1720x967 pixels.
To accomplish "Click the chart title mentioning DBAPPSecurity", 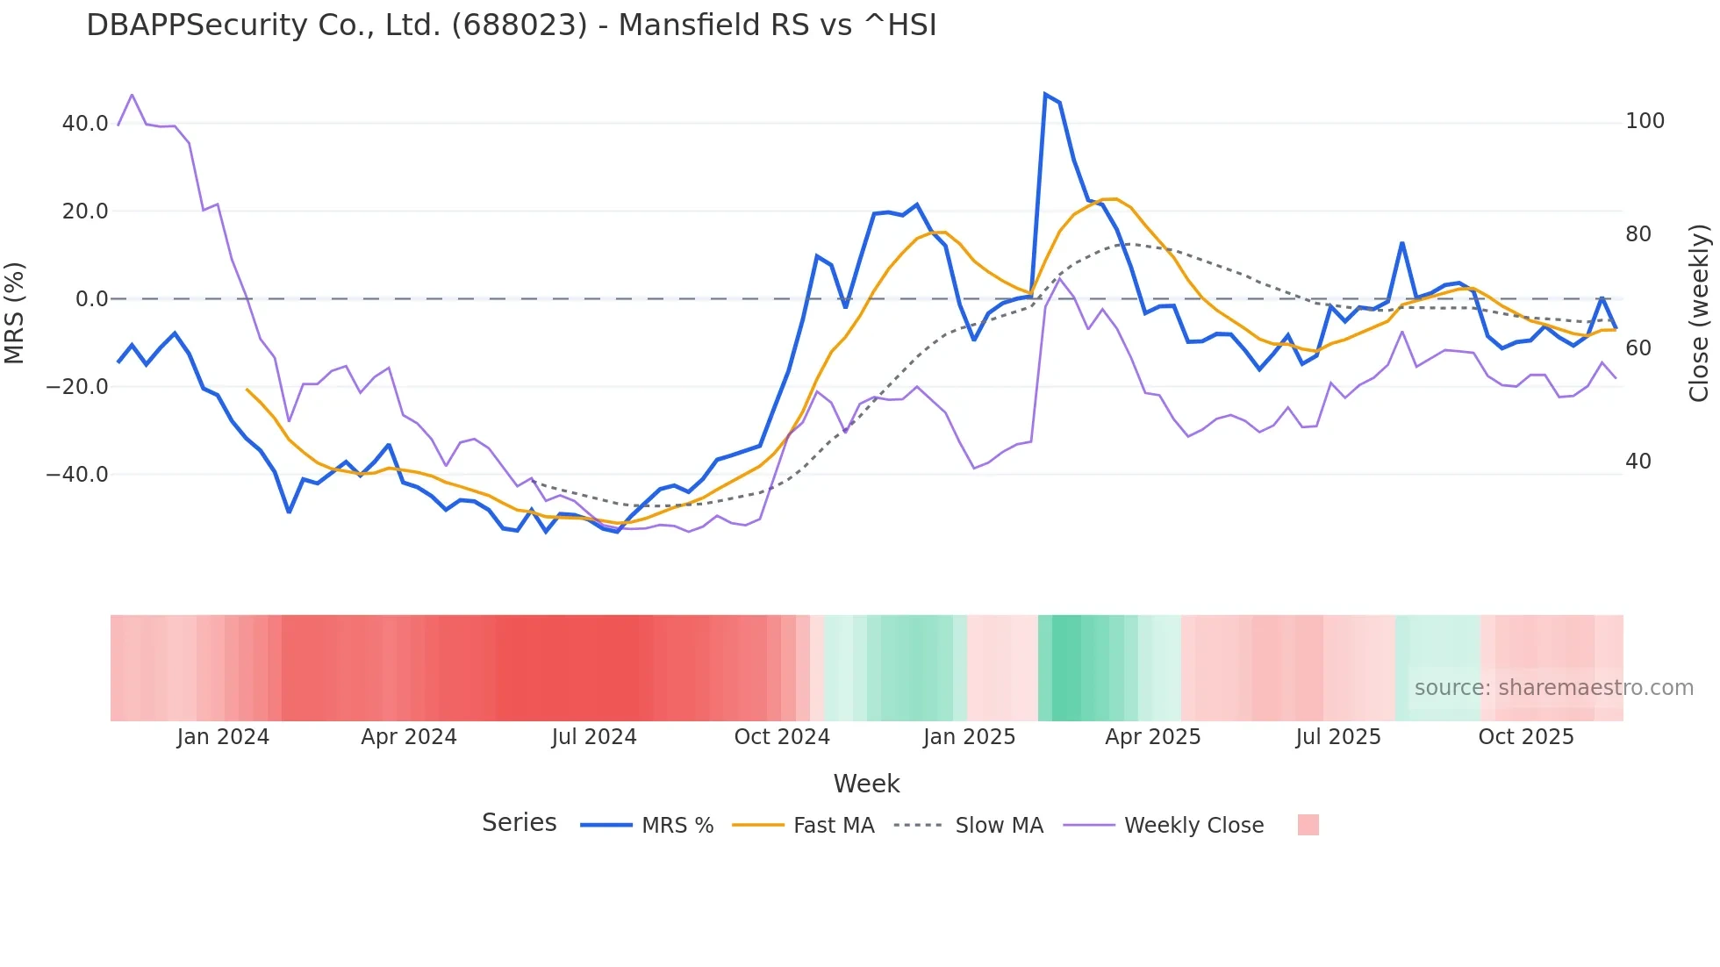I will point(511,25).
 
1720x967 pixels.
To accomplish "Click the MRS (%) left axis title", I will point(15,312).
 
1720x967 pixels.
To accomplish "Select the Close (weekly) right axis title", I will point(1700,312).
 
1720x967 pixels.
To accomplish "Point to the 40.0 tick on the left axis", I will point(85,124).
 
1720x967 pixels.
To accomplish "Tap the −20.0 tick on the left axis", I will point(78,387).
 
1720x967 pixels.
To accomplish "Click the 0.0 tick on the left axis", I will point(92,299).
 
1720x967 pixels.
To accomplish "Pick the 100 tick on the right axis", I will point(1645,121).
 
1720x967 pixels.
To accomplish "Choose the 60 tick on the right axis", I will point(1638,348).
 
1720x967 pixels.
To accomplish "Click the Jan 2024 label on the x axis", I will point(223,737).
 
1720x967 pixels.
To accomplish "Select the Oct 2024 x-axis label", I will point(782,737).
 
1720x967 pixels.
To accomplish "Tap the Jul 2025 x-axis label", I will point(1338,737).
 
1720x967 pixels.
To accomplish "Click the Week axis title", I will point(866,784).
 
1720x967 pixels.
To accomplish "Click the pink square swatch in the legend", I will point(1308,825).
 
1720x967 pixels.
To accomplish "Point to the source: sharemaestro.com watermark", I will point(1553,688).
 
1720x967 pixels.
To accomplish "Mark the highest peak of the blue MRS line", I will point(1045,94).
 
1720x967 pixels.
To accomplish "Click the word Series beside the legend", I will point(519,823).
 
